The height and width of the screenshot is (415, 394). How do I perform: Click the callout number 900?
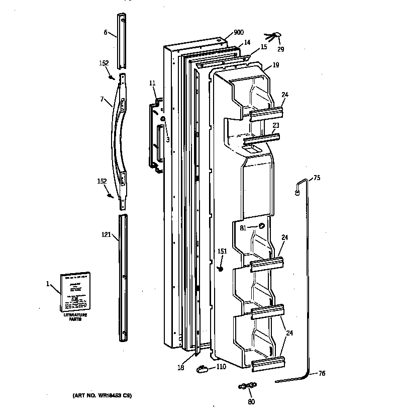[x=239, y=33]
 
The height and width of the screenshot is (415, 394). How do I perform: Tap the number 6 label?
[x=106, y=33]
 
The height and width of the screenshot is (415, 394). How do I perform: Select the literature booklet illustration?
[x=75, y=292]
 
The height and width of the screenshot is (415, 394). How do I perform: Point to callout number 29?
[x=280, y=49]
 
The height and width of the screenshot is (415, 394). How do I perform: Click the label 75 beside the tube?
[x=317, y=178]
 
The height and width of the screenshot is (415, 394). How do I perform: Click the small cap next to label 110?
[x=202, y=369]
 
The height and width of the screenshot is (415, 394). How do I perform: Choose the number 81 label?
[x=243, y=227]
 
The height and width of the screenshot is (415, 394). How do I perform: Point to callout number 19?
[x=276, y=65]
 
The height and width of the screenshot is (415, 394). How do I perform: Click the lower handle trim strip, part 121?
[x=123, y=277]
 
